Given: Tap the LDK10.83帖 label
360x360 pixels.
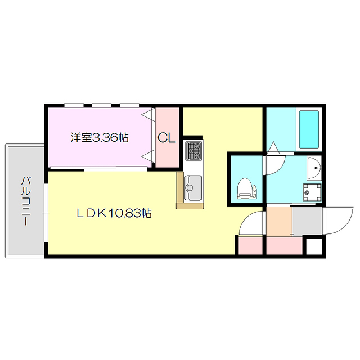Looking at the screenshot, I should click(x=114, y=213).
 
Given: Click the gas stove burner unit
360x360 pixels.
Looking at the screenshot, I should click(x=195, y=151).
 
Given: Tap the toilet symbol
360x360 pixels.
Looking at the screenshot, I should click(x=246, y=188).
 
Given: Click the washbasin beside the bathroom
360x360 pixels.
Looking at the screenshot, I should click(x=314, y=166).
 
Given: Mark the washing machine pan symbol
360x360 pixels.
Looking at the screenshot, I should click(x=312, y=192).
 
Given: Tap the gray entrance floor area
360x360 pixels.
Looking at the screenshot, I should click(x=307, y=222).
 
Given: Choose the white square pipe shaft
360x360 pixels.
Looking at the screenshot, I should click(x=314, y=246).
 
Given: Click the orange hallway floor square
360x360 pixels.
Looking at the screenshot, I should click(x=278, y=222).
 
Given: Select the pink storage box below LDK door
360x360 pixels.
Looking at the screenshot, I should click(x=249, y=246).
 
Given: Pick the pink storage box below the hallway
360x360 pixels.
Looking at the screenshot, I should click(x=285, y=246).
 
